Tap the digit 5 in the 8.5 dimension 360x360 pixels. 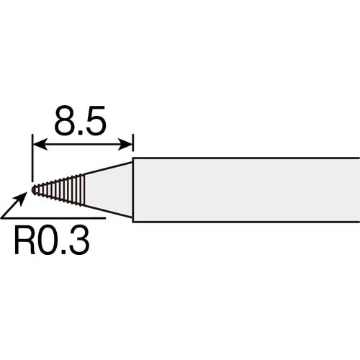(96, 120)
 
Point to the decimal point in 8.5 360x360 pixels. (81, 132)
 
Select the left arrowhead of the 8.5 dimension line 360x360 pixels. (40, 145)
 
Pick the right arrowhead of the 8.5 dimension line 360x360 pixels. (125, 145)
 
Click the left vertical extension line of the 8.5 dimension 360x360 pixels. (32, 157)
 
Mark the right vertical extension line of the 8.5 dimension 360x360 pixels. (132, 143)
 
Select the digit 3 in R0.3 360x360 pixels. (79, 240)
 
